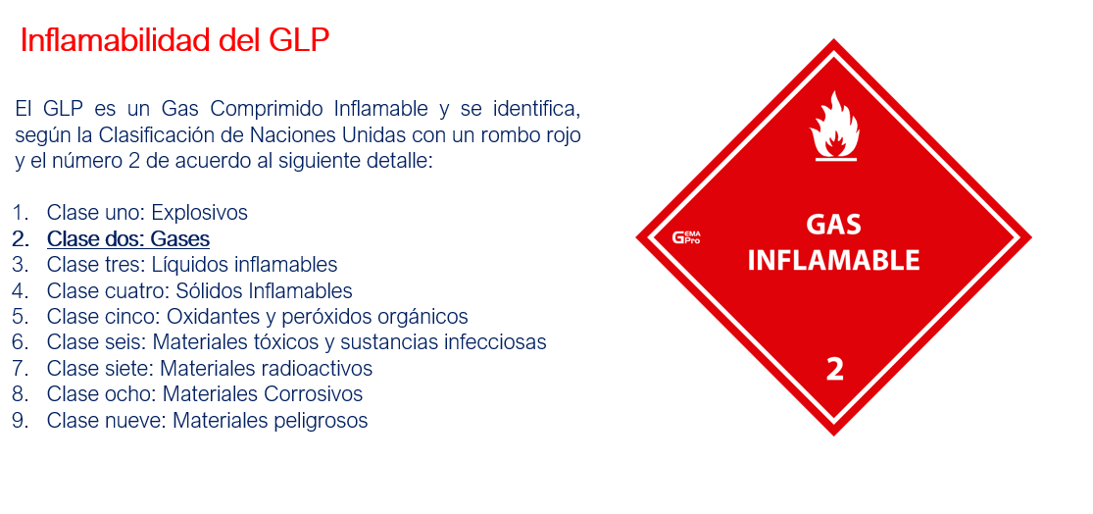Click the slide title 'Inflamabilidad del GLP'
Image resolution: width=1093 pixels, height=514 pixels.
[174, 41]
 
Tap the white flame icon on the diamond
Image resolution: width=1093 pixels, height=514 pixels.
[833, 127]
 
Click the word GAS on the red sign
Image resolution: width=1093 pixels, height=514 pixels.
[833, 225]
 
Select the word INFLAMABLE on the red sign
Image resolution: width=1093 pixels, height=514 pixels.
[833, 260]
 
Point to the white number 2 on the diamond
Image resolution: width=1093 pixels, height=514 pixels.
[834, 370]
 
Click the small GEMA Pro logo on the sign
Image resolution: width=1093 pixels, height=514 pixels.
[686, 237]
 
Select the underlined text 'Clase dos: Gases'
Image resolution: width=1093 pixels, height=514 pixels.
[128, 239]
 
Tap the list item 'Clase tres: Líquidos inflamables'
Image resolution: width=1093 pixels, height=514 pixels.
[192, 265]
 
